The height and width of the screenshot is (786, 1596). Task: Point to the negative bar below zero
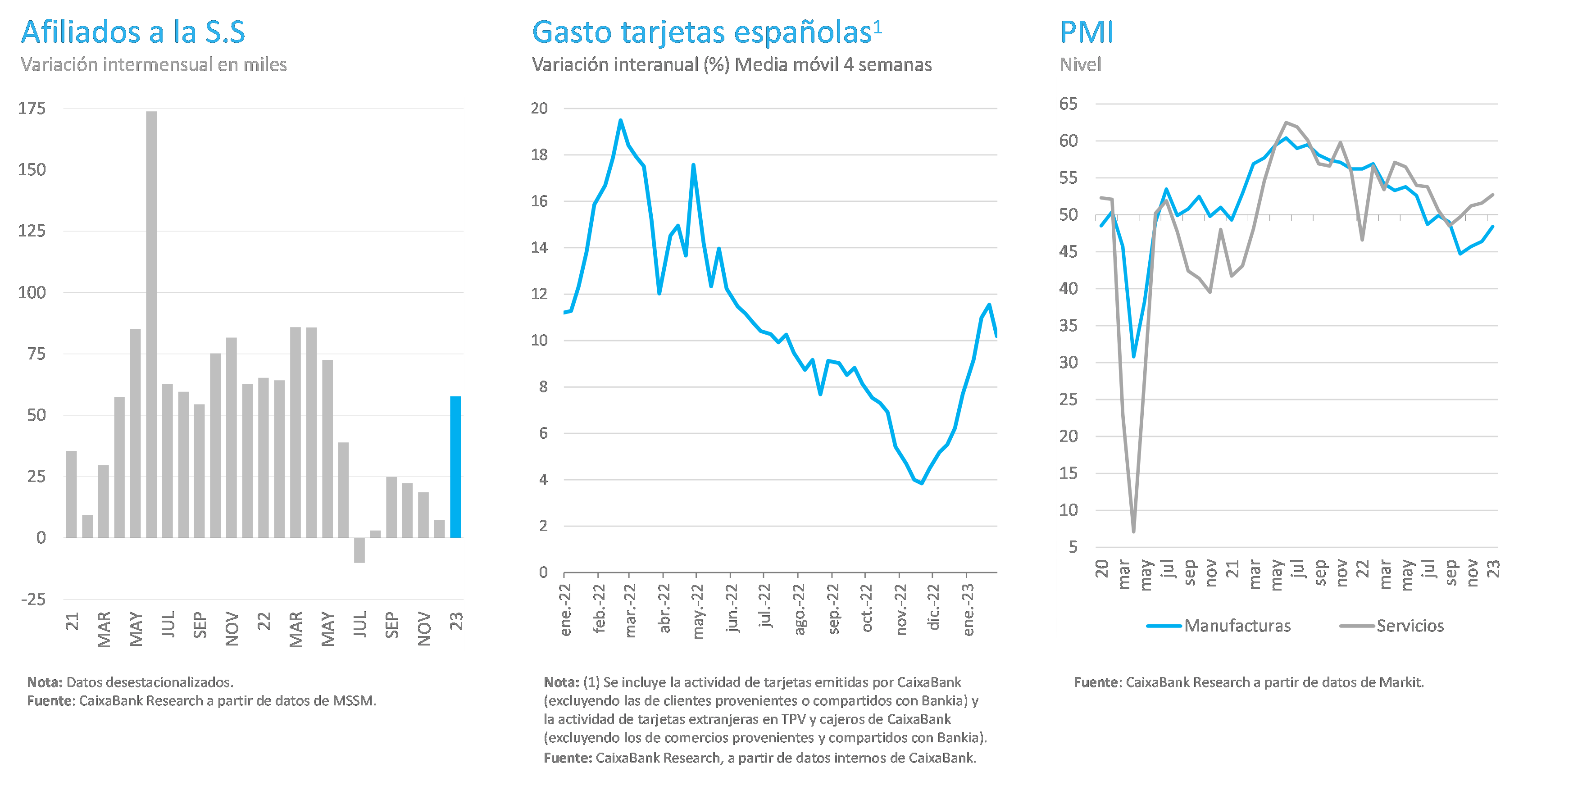point(359,550)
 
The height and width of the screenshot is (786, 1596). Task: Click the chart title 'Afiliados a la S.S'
point(133,32)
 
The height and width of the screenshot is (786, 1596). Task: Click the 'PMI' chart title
point(1087,32)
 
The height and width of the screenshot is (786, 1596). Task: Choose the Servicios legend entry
point(1391,626)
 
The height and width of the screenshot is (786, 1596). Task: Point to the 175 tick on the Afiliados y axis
point(32,109)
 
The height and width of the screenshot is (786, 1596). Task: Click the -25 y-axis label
point(33,599)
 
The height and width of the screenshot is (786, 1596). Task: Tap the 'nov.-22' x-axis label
point(901,609)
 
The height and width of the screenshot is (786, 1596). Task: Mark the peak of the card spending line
point(620,120)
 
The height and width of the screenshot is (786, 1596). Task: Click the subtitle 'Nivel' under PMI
point(1080,64)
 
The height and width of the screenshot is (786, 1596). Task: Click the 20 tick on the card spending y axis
point(540,109)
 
